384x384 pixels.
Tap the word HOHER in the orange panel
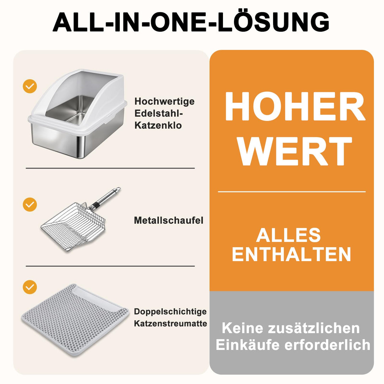coord(295,106)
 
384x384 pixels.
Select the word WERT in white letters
coord(295,151)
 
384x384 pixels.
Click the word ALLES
coord(288,235)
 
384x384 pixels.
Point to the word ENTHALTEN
coord(292,255)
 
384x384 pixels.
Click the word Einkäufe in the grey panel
coord(247,345)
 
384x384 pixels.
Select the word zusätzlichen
coord(314,328)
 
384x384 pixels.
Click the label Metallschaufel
coord(169,220)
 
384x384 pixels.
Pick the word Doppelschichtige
coord(170,312)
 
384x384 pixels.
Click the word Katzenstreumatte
coord(170,324)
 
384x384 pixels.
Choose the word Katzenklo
coord(158,126)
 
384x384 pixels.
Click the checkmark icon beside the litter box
coord(30,86)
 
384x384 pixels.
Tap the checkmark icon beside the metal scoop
coord(30,204)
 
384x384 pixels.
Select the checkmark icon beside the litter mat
coord(30,287)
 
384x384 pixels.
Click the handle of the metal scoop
coord(105,198)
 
